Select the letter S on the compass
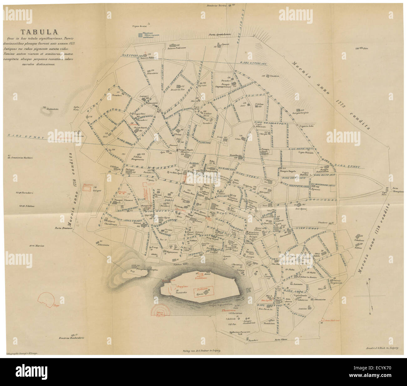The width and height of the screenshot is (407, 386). [370, 313]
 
